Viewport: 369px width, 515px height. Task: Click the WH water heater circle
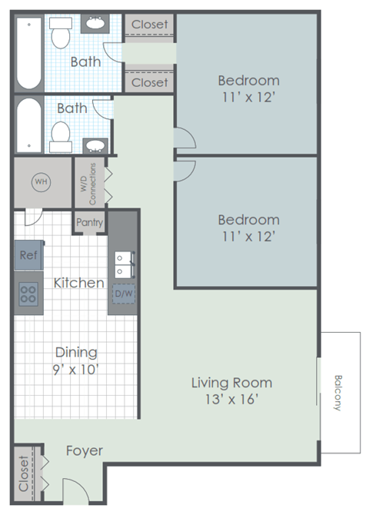pos(40,182)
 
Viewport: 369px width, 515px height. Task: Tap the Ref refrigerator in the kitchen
pos(28,254)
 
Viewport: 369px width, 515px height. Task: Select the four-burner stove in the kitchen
pos(28,293)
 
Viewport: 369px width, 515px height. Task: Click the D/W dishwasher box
pos(123,293)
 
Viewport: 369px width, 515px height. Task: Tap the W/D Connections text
pos(88,182)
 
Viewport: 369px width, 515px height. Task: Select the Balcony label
pos(338,392)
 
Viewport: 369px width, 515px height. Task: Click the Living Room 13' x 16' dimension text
pos(231,400)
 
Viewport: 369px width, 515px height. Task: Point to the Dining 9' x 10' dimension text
pos(76,369)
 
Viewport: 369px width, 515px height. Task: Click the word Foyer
pos(85,450)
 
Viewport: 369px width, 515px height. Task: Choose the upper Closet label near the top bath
pos(149,25)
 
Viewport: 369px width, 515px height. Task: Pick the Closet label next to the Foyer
pos(24,473)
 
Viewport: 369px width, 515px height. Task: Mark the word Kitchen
pos(78,283)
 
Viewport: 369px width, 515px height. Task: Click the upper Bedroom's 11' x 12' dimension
pos(248,98)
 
